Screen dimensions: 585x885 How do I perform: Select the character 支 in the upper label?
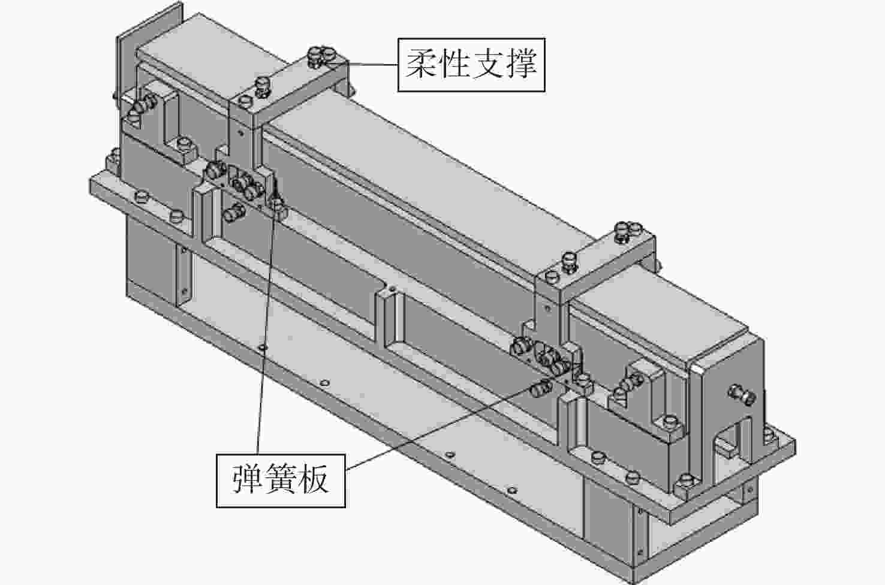tap(487, 64)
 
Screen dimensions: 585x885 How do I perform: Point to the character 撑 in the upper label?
tap(520, 64)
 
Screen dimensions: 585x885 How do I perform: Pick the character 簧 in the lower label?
tap(281, 480)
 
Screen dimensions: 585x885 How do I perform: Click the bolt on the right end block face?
tap(741, 394)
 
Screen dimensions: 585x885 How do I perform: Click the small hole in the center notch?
tap(392, 290)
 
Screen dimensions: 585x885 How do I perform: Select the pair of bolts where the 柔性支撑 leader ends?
tap(321, 55)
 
